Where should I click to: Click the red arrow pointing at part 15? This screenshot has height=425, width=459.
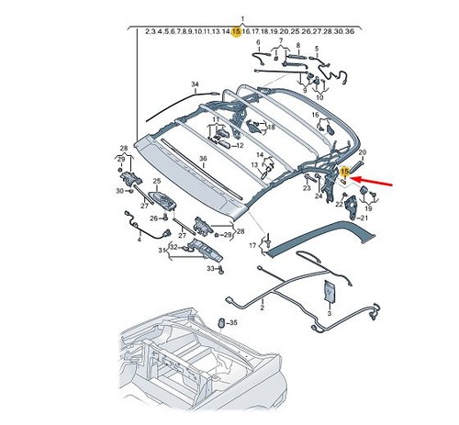pyautogui.click(x=372, y=181)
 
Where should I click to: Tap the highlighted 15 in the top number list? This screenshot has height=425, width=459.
pyautogui.click(x=237, y=31)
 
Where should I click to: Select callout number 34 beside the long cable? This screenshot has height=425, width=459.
pyautogui.click(x=195, y=84)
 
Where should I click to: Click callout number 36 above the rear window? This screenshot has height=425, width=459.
pyautogui.click(x=203, y=159)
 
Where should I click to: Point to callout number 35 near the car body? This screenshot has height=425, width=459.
pyautogui.click(x=233, y=323)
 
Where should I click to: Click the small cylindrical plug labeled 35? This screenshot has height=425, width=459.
pyautogui.click(x=222, y=323)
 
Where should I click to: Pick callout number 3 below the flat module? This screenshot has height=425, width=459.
pyautogui.click(x=330, y=313)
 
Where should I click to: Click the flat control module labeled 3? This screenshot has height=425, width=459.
pyautogui.click(x=329, y=291)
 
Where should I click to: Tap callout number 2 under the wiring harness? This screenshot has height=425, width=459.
pyautogui.click(x=263, y=308)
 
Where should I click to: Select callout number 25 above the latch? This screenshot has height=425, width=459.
pyautogui.click(x=157, y=181)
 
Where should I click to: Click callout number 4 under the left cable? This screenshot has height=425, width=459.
pyautogui.click(x=140, y=240)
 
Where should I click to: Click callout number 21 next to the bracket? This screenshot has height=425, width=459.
pyautogui.click(x=364, y=218)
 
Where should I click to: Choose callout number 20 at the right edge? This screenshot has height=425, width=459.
pyautogui.click(x=363, y=152)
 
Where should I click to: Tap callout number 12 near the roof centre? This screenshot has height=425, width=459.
pyautogui.click(x=240, y=146)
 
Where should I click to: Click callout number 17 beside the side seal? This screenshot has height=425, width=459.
pyautogui.click(x=252, y=245)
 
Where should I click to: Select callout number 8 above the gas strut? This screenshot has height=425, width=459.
pyautogui.click(x=298, y=45)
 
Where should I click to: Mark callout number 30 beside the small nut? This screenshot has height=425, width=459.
pyautogui.click(x=119, y=191)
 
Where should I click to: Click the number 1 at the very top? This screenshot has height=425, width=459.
pyautogui.click(x=242, y=19)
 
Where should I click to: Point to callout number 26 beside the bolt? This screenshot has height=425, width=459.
pyautogui.click(x=153, y=218)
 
